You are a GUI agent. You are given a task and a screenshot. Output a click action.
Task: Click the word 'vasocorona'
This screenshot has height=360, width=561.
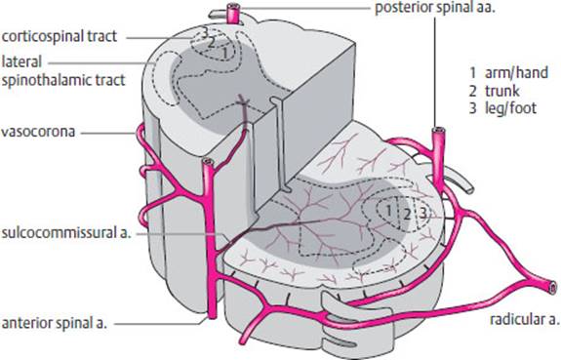(x=34, y=129)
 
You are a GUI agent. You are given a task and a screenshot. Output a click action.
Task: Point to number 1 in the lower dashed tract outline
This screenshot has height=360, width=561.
(x=389, y=209)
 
